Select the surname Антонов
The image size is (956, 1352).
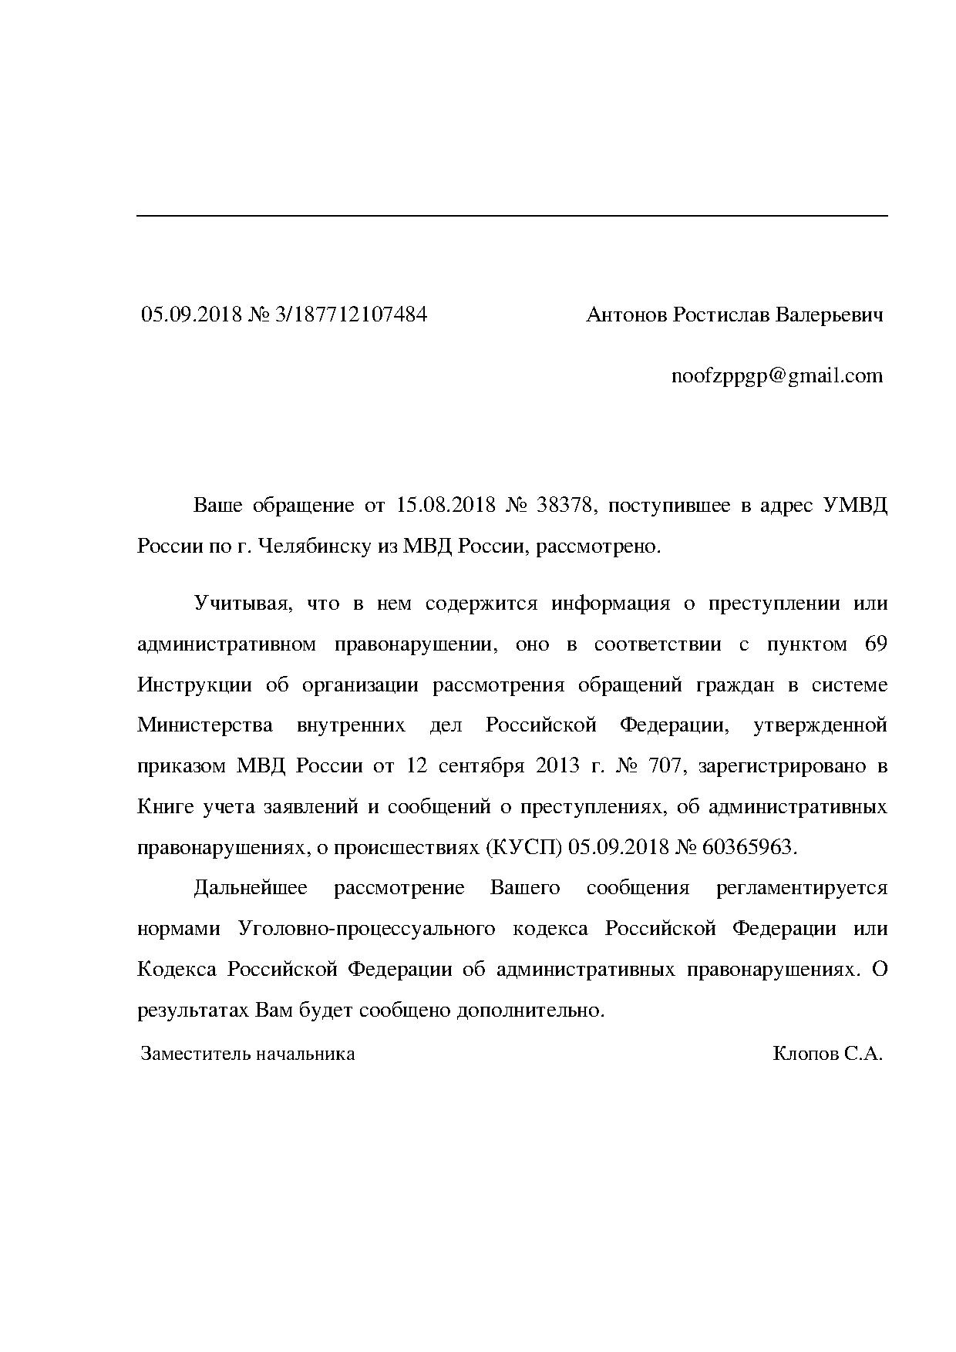627,314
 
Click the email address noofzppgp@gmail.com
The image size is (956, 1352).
777,376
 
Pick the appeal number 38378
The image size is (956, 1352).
565,506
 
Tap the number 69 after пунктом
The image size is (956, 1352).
877,644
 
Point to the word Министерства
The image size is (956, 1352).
205,725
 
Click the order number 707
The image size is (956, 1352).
665,766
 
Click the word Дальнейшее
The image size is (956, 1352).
251,888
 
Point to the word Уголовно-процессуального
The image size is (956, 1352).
367,928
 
